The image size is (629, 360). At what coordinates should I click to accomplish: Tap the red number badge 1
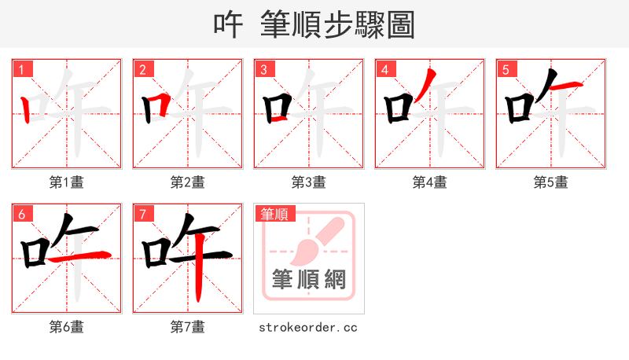[22, 70]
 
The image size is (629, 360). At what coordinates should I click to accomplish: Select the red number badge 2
[143, 70]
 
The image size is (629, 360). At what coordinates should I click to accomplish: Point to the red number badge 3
[264, 70]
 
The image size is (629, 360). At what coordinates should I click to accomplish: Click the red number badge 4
[385, 70]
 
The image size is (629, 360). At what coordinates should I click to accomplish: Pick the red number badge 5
[506, 70]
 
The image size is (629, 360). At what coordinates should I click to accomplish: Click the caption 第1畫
[67, 182]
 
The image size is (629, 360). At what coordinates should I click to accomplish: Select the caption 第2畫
[188, 182]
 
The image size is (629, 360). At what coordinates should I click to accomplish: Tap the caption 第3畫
[309, 182]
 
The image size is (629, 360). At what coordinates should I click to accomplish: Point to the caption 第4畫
[430, 182]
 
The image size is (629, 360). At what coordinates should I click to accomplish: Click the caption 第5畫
[551, 182]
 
